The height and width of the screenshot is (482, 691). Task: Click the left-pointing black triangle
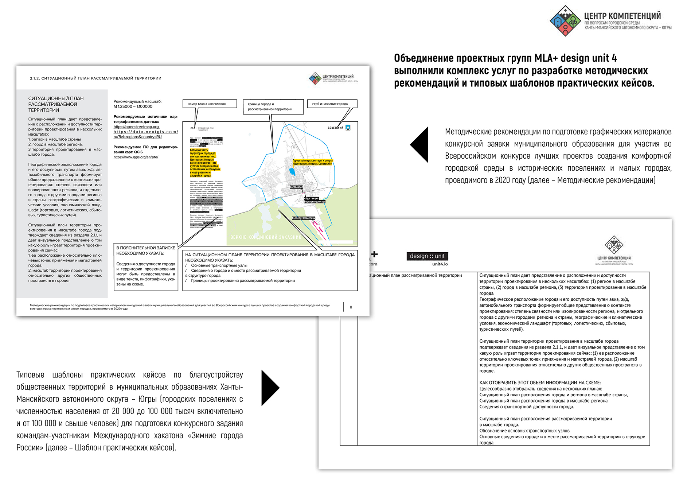point(420,145)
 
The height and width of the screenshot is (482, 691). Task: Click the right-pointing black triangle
point(269,388)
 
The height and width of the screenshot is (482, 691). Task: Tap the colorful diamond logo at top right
point(565,21)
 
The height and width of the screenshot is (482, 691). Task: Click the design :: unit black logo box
point(427,256)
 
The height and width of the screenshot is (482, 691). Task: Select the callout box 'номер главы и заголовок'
point(210,104)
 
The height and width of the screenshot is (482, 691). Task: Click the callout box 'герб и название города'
point(332,104)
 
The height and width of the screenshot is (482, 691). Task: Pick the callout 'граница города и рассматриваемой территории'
point(273,106)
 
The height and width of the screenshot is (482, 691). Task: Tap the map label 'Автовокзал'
point(296,187)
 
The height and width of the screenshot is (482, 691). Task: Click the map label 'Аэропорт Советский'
point(303,218)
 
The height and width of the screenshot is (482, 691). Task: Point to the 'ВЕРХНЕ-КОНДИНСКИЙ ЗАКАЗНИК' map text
point(266,237)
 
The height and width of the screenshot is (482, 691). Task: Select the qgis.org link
point(136,157)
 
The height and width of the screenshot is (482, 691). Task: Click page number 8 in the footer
point(351,307)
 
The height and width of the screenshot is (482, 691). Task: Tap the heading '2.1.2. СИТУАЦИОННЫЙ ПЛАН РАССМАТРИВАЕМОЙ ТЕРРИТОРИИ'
point(95,78)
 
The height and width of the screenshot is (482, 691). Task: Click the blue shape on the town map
point(292,172)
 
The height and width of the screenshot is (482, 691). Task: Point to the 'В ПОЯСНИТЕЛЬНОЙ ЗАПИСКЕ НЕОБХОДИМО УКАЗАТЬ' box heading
point(145,250)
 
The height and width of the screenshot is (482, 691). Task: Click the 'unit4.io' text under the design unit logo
point(440,264)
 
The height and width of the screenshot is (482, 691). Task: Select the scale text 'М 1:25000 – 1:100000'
point(133,106)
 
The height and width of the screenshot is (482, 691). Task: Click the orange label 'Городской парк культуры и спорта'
point(312,160)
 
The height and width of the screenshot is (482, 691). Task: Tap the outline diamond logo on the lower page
point(614,245)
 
